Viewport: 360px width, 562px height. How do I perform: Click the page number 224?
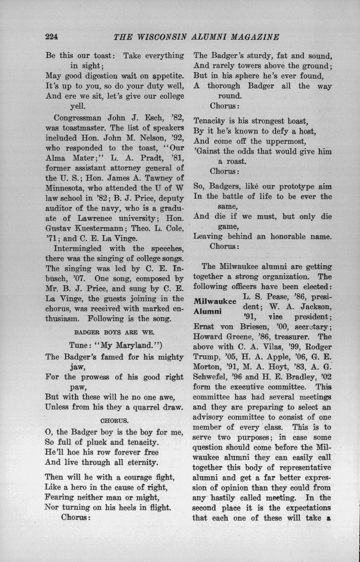coord(52,37)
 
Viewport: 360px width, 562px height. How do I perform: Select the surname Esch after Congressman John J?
coord(153,118)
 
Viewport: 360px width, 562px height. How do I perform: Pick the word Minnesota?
coord(65,188)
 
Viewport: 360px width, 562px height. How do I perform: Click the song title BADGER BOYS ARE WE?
coord(114,332)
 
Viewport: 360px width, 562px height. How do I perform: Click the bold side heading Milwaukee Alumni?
coord(214,306)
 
